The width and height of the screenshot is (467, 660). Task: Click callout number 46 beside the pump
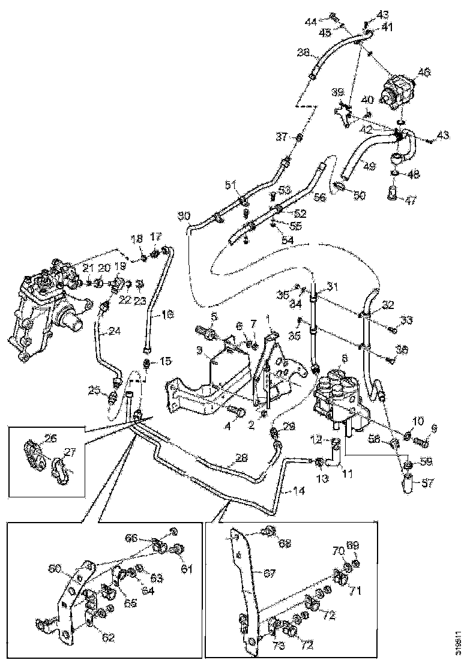(x=424, y=73)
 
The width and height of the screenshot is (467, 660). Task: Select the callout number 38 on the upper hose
(x=304, y=53)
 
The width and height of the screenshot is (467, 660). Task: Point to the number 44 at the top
(x=310, y=22)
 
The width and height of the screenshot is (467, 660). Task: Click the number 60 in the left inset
(x=55, y=567)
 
